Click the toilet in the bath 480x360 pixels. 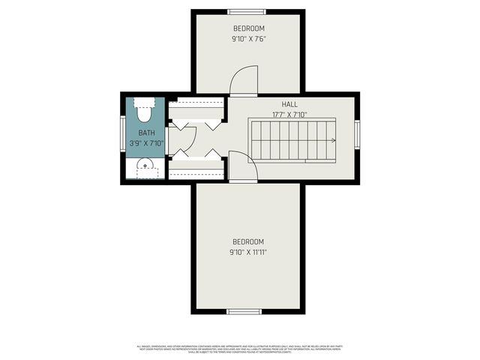144,110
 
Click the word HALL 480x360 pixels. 289,105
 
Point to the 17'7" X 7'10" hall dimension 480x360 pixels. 289,115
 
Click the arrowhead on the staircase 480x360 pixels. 331,140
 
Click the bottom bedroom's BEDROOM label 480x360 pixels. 247,241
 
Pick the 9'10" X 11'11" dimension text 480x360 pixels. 247,252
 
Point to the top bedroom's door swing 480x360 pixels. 243,81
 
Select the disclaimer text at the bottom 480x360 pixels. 240,348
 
